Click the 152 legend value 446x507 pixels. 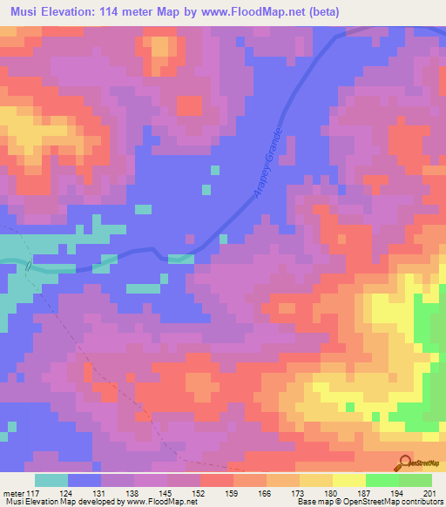coord(200,495)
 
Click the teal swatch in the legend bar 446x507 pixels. coord(51,480)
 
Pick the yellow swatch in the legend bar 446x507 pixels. coord(349,480)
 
